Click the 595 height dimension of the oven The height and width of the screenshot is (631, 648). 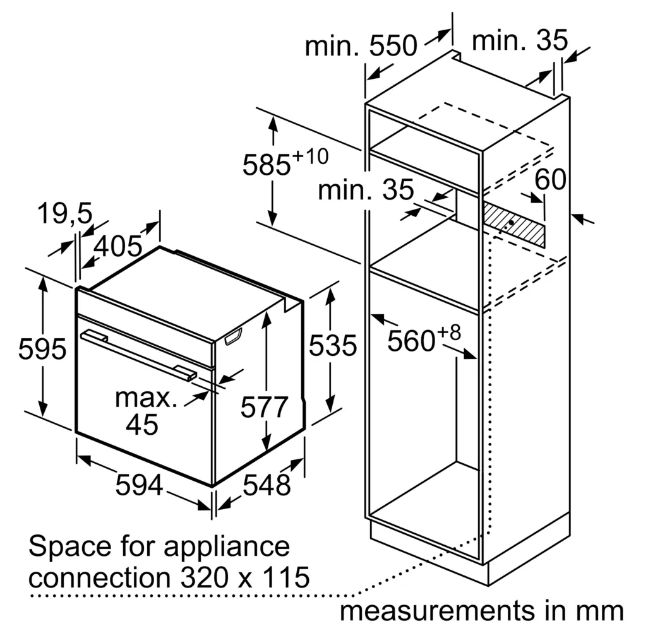(x=42, y=349)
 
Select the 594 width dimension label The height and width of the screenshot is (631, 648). (x=139, y=485)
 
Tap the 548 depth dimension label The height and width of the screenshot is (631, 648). (x=267, y=485)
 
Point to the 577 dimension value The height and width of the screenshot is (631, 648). (x=264, y=407)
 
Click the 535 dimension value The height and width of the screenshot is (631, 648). (x=333, y=345)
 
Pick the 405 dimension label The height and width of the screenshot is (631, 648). (x=117, y=246)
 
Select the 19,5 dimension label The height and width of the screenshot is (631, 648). (x=65, y=213)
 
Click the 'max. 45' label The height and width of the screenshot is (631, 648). (x=145, y=411)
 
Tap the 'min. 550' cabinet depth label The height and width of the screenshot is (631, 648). (x=361, y=45)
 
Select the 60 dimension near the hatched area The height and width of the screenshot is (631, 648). (x=550, y=179)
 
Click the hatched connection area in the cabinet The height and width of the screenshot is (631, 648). (x=514, y=225)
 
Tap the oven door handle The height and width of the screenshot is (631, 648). (x=139, y=355)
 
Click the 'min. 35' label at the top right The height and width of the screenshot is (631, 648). (x=520, y=40)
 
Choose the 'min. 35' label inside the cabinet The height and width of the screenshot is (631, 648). (x=366, y=189)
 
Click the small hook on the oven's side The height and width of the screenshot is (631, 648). (x=234, y=336)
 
